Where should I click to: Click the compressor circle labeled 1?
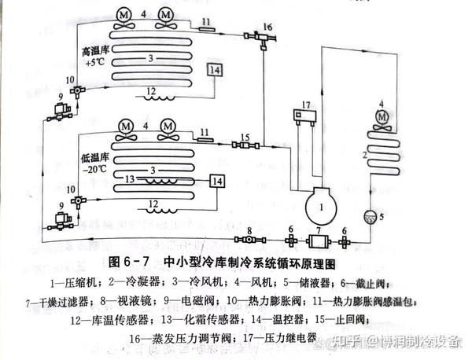[323, 206]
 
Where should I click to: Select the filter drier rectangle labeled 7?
[319, 241]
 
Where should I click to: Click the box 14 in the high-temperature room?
[213, 69]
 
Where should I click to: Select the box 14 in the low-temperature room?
[218, 182]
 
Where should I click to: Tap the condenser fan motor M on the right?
[382, 117]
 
